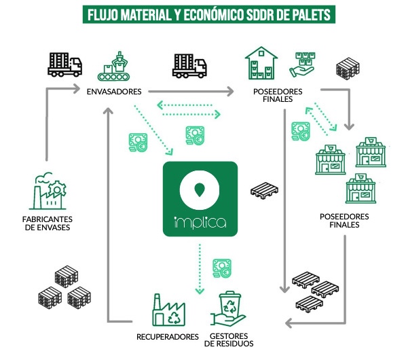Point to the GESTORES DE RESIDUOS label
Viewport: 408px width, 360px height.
231,339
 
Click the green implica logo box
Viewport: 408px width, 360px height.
200,198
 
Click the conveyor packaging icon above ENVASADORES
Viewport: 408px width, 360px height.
115,65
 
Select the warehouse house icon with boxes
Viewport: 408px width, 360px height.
261,64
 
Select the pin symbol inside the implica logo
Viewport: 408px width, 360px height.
200,190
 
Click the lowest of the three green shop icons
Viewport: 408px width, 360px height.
362,189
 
